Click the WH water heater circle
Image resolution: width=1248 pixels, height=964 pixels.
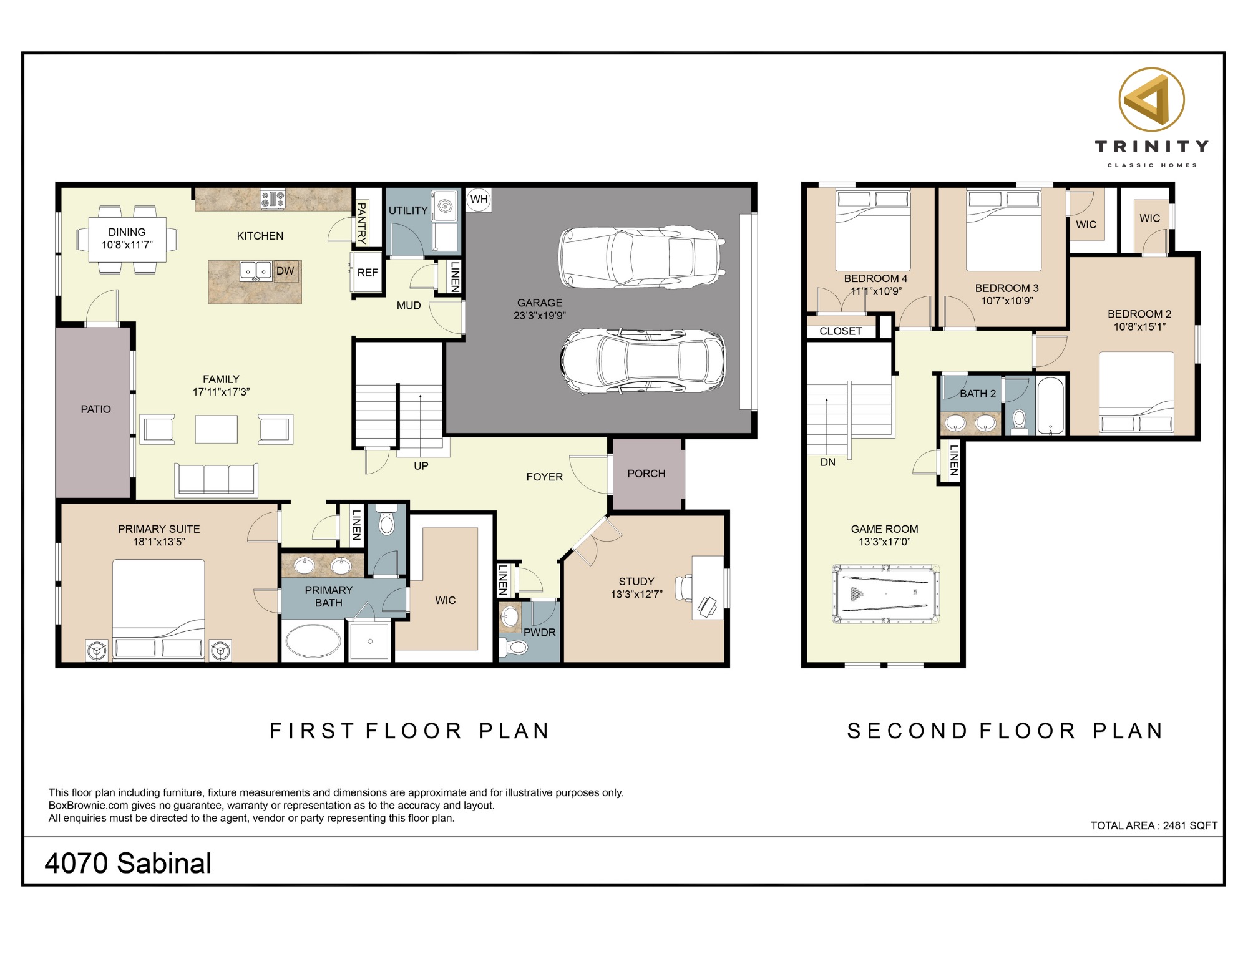479,200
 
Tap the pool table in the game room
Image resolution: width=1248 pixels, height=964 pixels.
885,594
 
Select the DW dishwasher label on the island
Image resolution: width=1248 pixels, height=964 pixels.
285,271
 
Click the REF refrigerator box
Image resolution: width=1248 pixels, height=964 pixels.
368,273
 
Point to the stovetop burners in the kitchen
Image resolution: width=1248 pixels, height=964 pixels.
273,199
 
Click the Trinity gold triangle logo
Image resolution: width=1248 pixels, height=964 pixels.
1151,100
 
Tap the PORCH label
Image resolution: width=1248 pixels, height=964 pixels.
646,474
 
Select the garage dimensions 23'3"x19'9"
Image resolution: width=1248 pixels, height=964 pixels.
540,316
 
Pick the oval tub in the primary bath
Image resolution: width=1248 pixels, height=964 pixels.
313,641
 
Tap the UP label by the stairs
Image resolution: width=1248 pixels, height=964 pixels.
421,466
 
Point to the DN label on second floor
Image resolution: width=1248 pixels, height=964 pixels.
828,462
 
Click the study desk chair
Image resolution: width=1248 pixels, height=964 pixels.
686,587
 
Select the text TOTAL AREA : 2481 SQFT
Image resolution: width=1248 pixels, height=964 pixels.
1154,825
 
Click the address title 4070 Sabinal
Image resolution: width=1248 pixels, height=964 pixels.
128,864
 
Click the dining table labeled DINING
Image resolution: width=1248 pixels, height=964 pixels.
127,239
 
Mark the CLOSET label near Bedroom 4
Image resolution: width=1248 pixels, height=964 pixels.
841,331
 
